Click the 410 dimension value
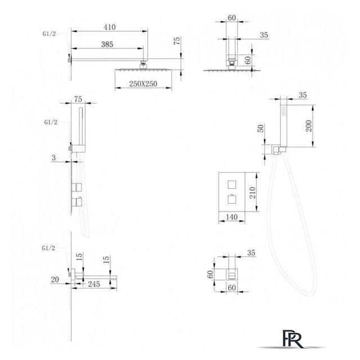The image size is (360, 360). [109, 27]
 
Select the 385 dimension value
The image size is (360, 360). [107, 44]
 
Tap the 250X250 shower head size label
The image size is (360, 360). [143, 84]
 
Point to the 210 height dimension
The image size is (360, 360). [253, 192]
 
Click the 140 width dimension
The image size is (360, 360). [232, 217]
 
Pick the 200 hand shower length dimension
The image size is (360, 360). [309, 125]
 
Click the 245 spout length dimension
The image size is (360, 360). [94, 284]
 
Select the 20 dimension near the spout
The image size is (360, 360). [55, 280]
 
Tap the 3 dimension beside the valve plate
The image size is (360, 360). [53, 157]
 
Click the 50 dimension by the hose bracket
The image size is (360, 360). [261, 128]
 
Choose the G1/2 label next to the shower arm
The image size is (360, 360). [49, 34]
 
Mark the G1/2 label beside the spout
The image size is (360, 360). [48, 248]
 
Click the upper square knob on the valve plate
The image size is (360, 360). [232, 184]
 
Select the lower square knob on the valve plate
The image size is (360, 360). [232, 199]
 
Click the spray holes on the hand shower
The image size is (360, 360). [283, 110]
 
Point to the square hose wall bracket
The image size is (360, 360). [276, 150]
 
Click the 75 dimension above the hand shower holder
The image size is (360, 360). [78, 99]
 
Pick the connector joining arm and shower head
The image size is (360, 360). [143, 64]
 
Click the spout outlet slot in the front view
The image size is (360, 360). [232, 275]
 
